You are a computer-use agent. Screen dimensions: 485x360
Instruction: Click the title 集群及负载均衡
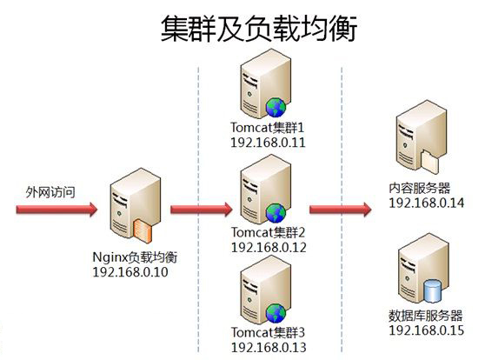point(259,29)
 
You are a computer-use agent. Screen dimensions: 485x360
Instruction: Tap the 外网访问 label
point(50,192)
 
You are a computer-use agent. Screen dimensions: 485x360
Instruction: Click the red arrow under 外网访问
point(56,210)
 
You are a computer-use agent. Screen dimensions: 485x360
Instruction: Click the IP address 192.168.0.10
point(130,272)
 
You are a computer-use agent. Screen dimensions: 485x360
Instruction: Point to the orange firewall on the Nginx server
point(143,230)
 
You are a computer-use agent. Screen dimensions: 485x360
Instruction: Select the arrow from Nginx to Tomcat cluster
point(202,210)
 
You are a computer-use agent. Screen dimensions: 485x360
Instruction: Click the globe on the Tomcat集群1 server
point(276,108)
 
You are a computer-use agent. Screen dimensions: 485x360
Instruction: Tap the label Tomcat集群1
point(268,128)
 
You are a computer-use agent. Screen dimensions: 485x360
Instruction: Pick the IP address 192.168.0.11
point(269,143)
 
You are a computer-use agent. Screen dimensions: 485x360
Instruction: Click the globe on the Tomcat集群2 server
point(276,213)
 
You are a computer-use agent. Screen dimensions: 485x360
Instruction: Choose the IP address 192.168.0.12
point(269,247)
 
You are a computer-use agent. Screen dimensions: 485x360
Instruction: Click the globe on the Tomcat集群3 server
point(276,313)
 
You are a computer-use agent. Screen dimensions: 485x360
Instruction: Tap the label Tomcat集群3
point(269,332)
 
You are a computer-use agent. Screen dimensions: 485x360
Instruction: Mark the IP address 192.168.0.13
point(269,347)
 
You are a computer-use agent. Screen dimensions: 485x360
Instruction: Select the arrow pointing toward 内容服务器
point(340,210)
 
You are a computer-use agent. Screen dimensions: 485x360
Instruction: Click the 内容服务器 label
point(420,188)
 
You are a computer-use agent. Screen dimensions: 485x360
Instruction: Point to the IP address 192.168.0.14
point(427,203)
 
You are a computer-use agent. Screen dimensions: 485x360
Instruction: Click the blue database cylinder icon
point(432,291)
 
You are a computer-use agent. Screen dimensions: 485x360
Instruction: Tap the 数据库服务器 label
point(426,316)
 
